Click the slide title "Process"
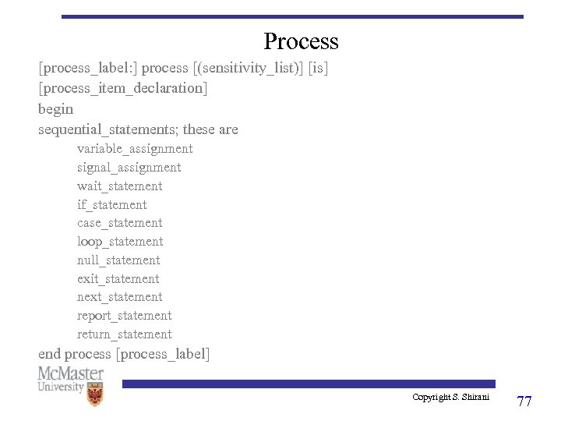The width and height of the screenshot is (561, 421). pyautogui.click(x=301, y=41)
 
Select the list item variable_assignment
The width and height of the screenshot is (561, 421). pyautogui.click(x=135, y=149)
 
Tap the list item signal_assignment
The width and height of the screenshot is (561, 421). pyautogui.click(x=129, y=168)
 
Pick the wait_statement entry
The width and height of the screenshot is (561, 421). pyautogui.click(x=119, y=186)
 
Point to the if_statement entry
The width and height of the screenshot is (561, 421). pyautogui.click(x=111, y=205)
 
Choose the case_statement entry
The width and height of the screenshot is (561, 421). pyautogui.click(x=119, y=223)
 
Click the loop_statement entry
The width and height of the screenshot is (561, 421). pyautogui.click(x=120, y=242)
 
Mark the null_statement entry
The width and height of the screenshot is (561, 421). pyautogui.click(x=118, y=260)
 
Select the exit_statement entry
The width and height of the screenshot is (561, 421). pyautogui.click(x=118, y=279)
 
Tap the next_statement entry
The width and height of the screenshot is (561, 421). pyautogui.click(x=119, y=297)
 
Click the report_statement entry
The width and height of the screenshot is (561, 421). pyautogui.click(x=124, y=316)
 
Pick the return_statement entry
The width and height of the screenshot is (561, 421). pyautogui.click(x=124, y=334)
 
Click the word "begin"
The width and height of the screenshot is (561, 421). pyautogui.click(x=55, y=109)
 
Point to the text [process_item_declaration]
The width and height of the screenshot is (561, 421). pyautogui.click(x=123, y=88)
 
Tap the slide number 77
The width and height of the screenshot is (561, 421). pyautogui.click(x=524, y=402)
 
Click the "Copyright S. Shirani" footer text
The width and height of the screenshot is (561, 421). pyautogui.click(x=450, y=398)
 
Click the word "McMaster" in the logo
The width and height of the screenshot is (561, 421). pyautogui.click(x=71, y=373)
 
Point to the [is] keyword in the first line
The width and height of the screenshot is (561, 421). pyautogui.click(x=319, y=68)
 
